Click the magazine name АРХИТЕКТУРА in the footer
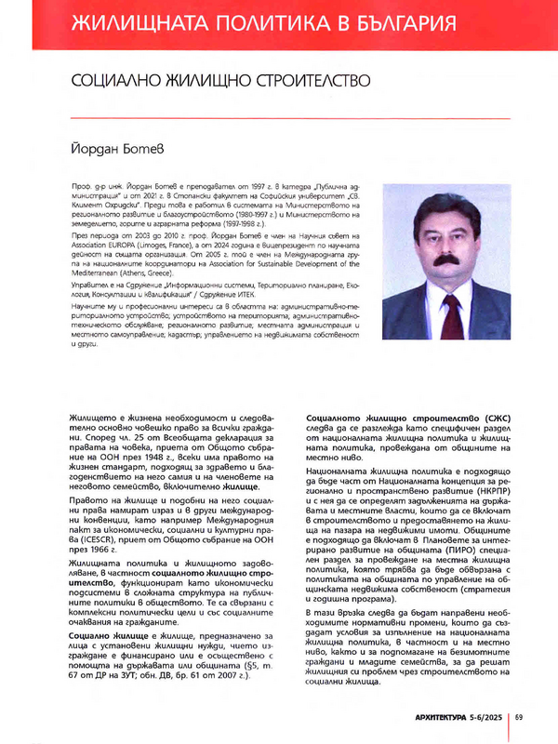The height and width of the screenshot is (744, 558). [429, 716]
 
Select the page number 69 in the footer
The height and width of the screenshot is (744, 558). [520, 716]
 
